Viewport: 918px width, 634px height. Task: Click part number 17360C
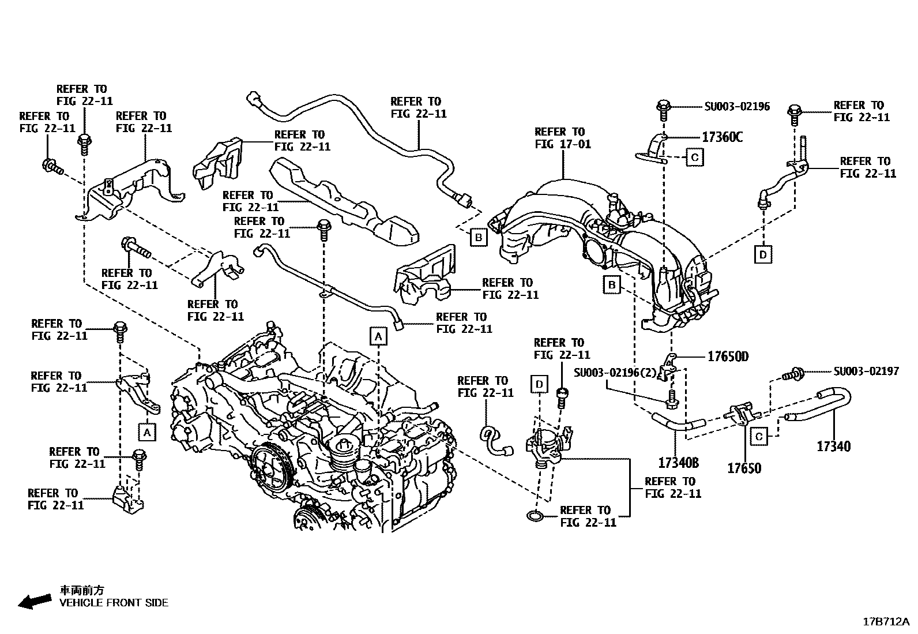click(722, 137)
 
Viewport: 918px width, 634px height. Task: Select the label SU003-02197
click(866, 372)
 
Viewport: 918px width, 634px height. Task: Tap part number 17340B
click(678, 463)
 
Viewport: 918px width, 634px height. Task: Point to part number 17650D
click(728, 357)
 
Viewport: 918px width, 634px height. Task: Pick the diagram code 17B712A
click(885, 621)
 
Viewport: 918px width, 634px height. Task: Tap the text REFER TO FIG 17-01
click(562, 138)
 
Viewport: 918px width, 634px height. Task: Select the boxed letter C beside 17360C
click(694, 157)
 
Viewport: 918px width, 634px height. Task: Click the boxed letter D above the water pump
click(539, 384)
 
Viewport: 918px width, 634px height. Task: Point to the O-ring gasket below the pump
click(535, 515)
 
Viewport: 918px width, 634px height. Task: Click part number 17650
click(744, 468)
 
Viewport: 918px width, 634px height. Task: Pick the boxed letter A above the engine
click(378, 336)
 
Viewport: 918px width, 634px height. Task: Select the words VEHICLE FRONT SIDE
click(114, 603)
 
